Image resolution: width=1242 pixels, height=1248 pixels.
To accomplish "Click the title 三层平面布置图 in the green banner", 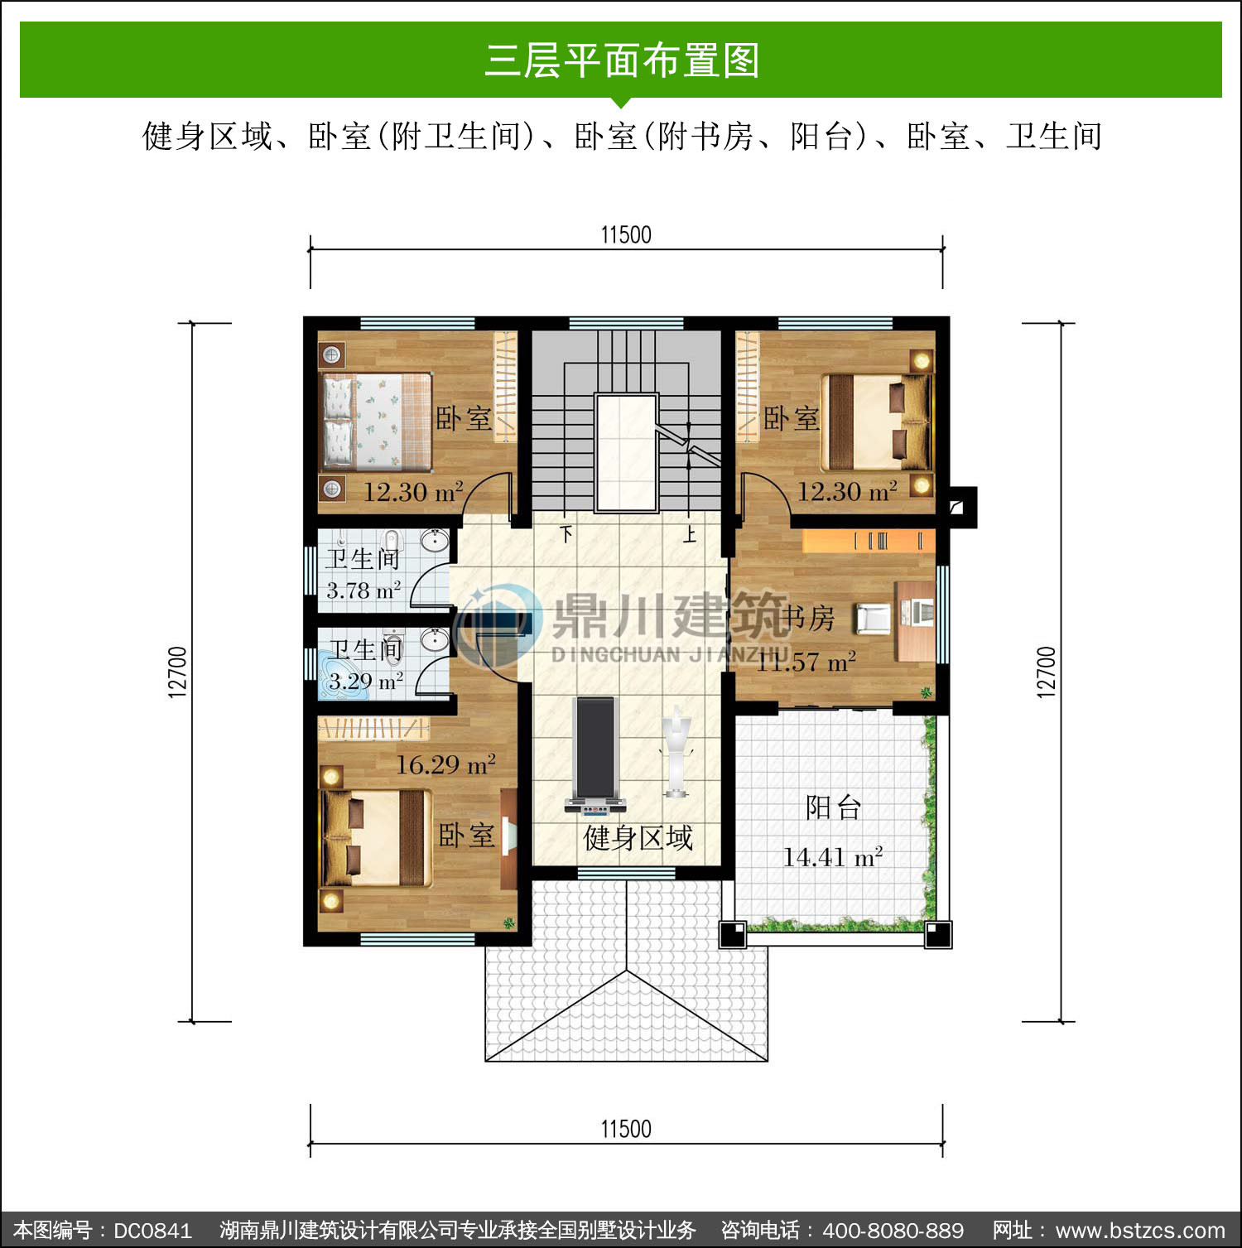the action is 622,60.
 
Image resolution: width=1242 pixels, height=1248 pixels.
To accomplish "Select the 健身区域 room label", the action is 638,838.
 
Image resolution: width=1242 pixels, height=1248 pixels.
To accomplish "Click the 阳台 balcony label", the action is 834,807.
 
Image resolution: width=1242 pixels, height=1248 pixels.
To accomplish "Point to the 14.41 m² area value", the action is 833,856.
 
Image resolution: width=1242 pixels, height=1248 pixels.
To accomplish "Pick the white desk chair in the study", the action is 872,618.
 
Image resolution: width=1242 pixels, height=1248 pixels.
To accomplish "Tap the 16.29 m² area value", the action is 445,764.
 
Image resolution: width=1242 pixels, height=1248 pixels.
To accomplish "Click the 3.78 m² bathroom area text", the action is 363,590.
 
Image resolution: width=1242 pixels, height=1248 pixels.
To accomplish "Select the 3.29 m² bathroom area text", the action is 366,682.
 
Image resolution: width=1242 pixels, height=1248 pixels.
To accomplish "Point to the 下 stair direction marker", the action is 566,534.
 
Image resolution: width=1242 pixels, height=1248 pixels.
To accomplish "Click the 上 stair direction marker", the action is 690,534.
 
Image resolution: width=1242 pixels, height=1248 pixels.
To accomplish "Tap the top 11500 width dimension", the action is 626,235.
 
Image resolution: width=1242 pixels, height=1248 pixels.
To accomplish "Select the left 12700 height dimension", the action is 178,672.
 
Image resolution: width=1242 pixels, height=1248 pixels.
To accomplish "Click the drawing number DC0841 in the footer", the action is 152,1231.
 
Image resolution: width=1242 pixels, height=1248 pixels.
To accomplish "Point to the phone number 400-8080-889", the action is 893,1231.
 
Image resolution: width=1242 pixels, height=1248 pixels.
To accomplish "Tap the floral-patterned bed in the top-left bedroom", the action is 377,422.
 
